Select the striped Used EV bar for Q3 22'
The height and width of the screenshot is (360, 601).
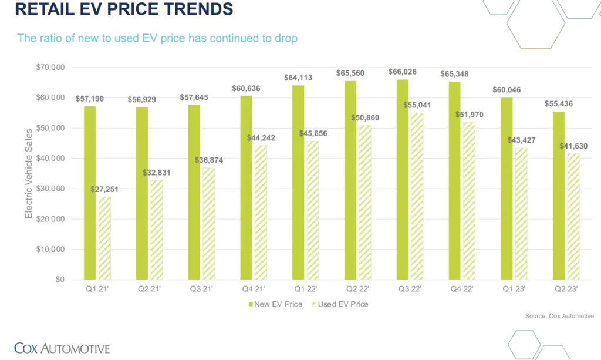point(417,196)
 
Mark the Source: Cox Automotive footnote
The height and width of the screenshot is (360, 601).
point(559,316)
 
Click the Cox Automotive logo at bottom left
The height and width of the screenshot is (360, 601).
point(62,347)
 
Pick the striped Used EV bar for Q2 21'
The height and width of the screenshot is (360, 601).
point(157,230)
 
